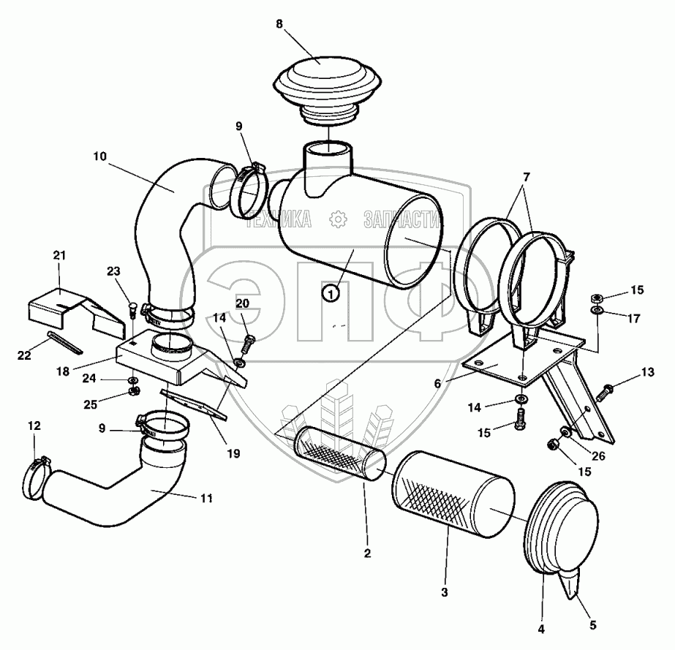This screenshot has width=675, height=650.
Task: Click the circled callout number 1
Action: pos(331,293)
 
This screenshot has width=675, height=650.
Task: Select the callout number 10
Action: pos(99,155)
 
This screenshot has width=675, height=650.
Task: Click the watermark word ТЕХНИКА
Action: pos(279,219)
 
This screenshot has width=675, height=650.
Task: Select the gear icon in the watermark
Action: pos(338,219)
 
